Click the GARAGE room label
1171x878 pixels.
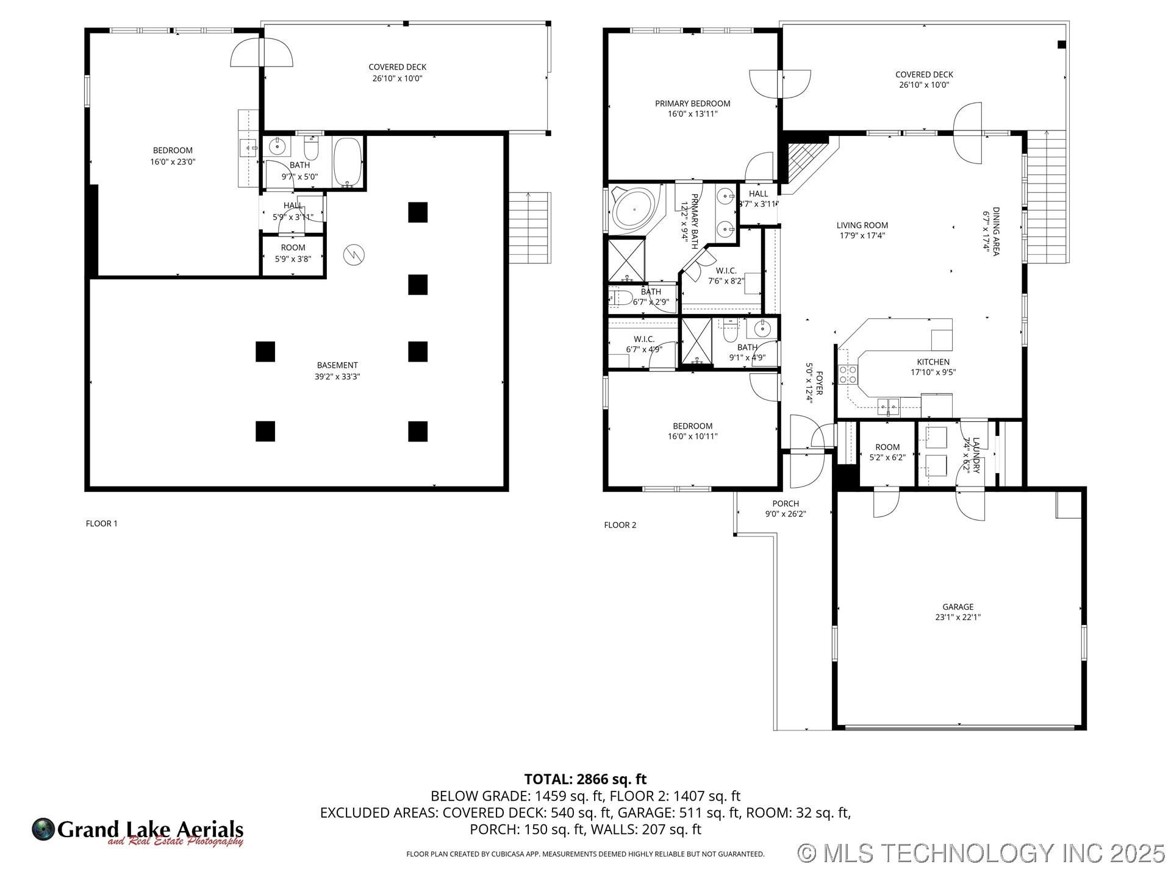[958, 607]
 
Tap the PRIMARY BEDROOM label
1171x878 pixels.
[692, 104]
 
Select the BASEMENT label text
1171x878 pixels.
[337, 365]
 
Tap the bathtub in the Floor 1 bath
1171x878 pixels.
[348, 161]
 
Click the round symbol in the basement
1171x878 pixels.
[354, 254]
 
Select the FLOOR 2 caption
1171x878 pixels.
[620, 525]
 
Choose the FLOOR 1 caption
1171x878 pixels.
[101, 523]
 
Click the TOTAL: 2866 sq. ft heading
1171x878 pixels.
[585, 779]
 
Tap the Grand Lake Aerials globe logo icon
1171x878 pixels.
[43, 829]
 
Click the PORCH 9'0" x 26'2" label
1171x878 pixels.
[786, 509]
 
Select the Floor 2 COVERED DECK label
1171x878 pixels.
[924, 74]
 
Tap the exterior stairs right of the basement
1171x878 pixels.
[529, 227]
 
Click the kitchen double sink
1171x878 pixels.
[888, 404]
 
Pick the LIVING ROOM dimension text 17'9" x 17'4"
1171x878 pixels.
[862, 235]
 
